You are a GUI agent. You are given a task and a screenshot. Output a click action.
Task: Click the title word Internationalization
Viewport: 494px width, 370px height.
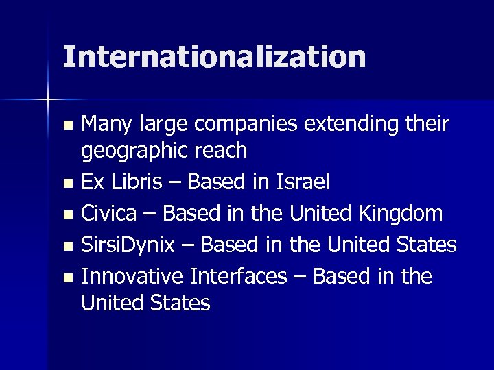(x=214, y=57)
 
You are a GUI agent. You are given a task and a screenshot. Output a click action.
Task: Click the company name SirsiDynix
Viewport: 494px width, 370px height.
(x=134, y=245)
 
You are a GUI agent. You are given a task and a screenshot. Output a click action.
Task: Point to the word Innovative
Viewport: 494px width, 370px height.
(x=132, y=276)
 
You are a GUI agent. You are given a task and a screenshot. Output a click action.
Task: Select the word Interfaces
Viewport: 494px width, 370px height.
(x=237, y=276)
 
